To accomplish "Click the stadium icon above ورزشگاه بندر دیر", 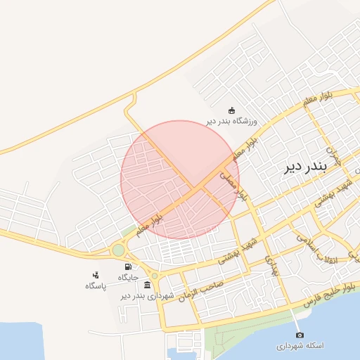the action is (231, 110).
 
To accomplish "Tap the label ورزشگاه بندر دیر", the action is (233, 121).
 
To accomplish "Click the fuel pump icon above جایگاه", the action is (127, 266).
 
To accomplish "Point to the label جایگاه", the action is (127, 277).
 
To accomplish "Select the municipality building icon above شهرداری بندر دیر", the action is (147, 284).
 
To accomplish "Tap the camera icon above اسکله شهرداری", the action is (300, 335).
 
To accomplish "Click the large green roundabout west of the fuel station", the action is (118, 250).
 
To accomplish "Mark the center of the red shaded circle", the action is (180, 180).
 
